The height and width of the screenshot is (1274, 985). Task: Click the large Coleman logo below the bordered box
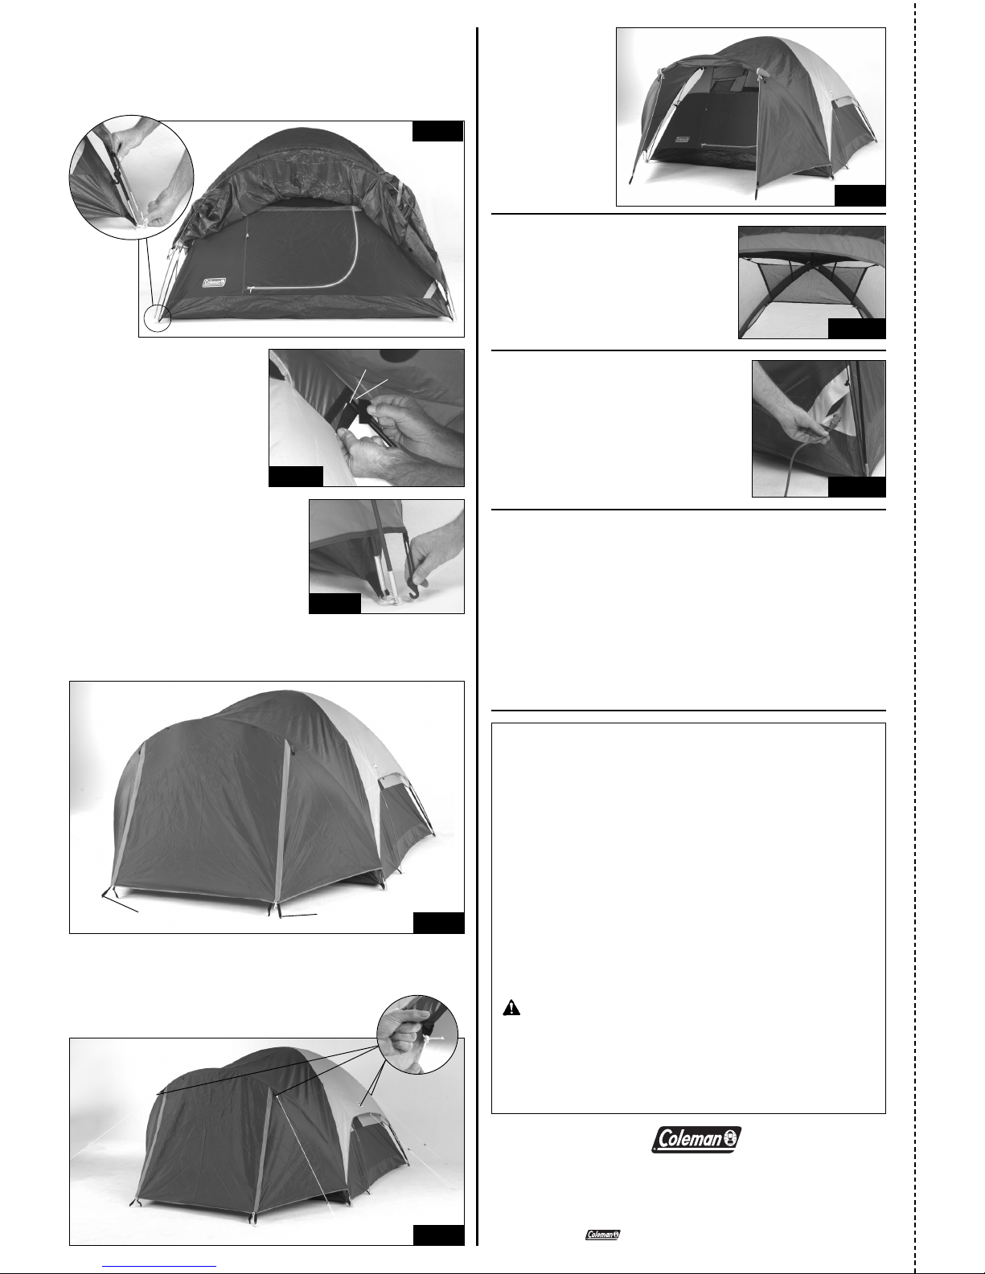click(696, 1139)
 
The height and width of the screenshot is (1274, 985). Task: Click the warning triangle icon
click(511, 1008)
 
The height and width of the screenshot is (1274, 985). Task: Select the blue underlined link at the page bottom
click(159, 1266)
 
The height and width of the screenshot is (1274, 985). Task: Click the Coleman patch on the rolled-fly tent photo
click(215, 283)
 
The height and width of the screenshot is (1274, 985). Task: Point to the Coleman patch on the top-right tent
click(682, 140)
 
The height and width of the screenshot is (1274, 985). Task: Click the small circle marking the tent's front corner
click(157, 318)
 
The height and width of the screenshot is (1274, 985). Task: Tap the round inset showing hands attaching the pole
click(131, 177)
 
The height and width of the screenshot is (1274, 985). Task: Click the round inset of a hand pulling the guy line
click(417, 1034)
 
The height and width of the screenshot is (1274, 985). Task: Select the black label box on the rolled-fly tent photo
click(438, 131)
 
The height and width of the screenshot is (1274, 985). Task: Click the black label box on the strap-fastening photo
click(296, 476)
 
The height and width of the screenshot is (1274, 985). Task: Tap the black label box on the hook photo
click(334, 604)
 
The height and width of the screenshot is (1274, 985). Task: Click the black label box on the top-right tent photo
click(860, 196)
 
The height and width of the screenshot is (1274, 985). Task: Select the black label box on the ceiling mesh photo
click(856, 329)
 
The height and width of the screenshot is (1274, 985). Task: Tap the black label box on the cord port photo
click(856, 487)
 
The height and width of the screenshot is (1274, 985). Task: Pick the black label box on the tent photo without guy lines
click(438, 922)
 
